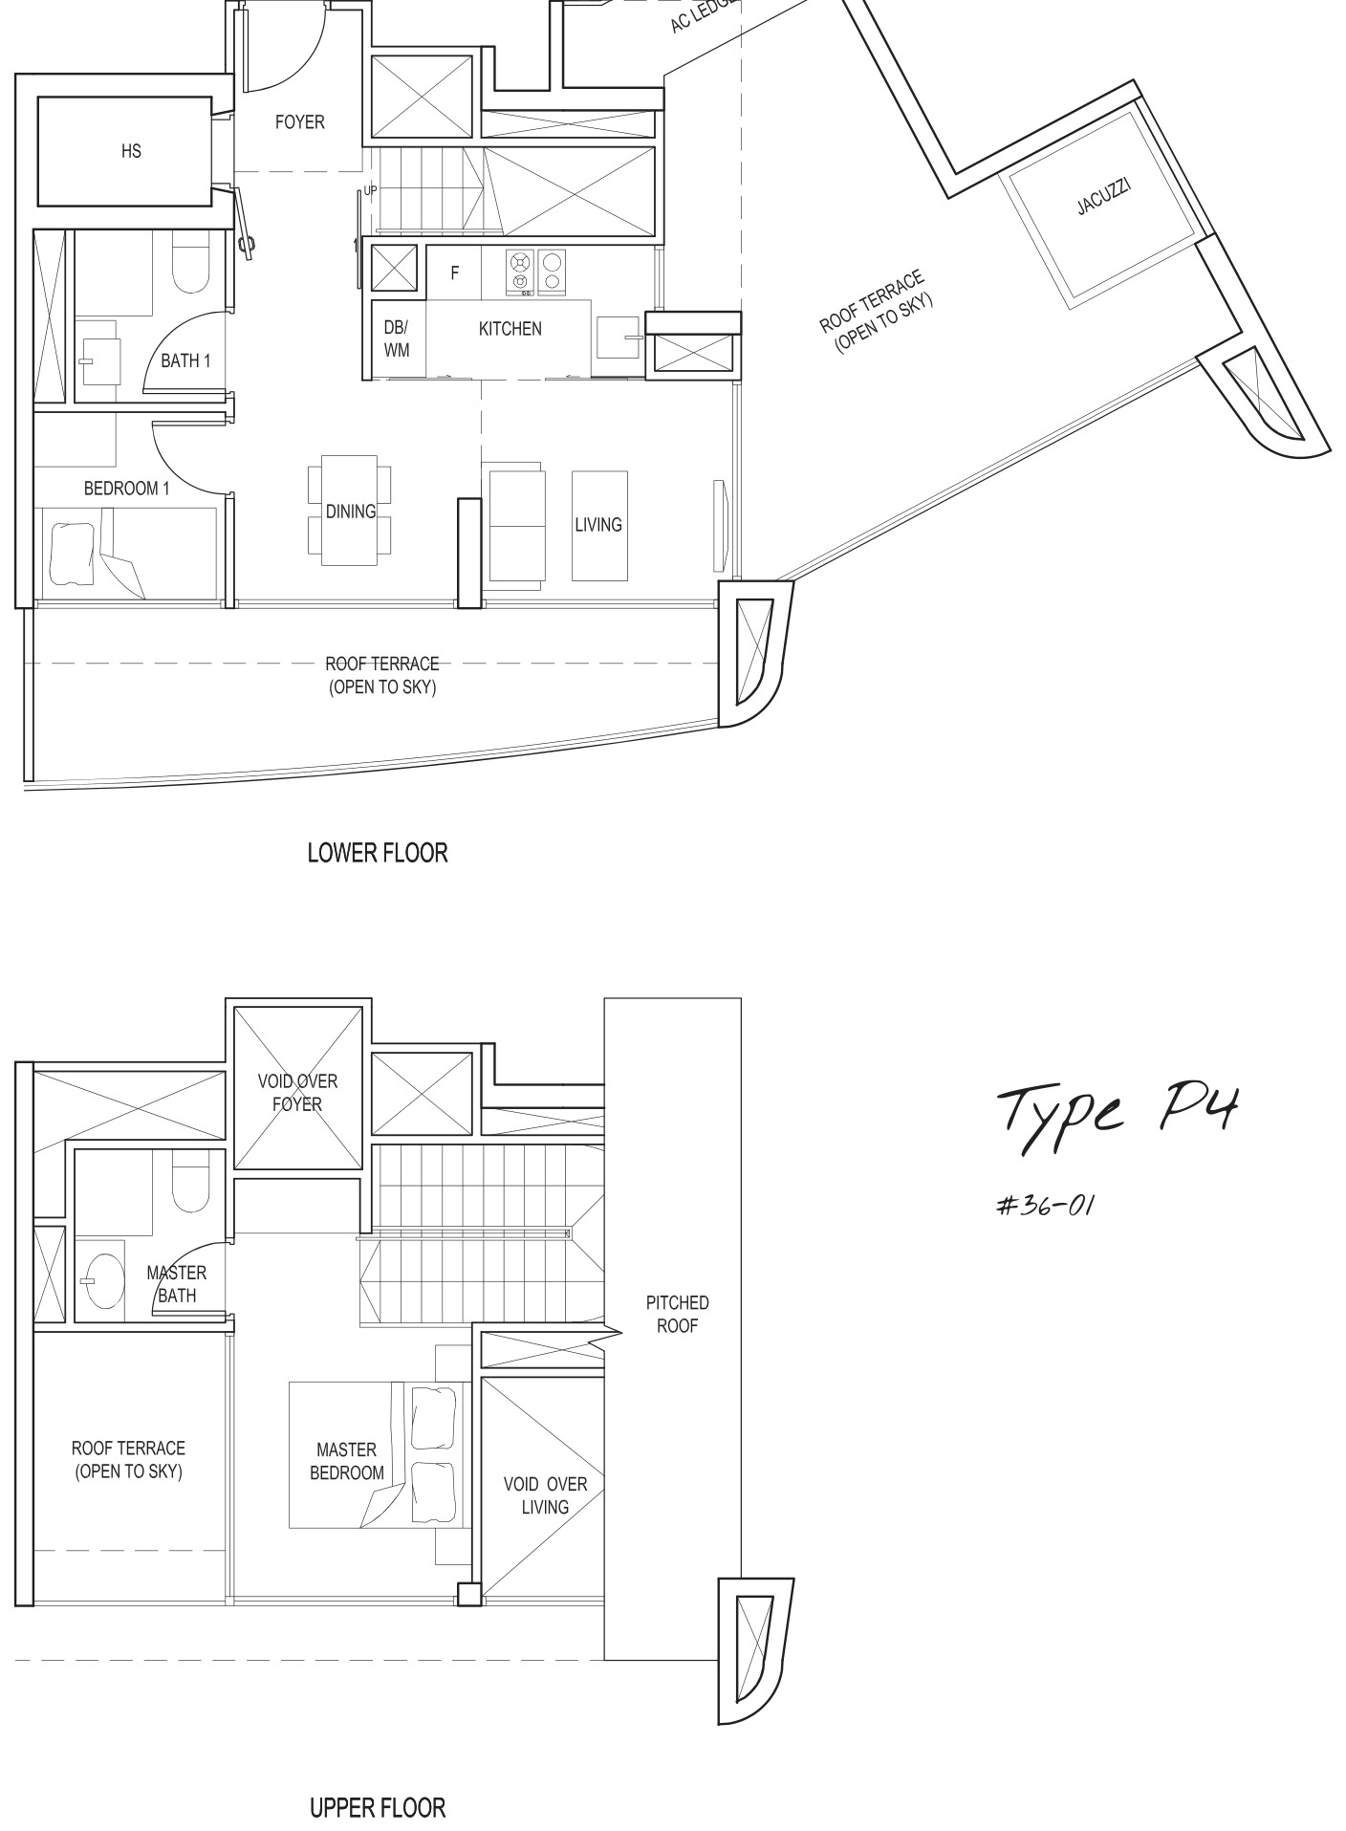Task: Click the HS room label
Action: coord(131,151)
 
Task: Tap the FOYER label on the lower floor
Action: coord(299,122)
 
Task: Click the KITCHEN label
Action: coord(510,329)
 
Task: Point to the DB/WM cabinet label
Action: coord(397,338)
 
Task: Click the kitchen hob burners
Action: coord(535,271)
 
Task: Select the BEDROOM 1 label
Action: coord(126,489)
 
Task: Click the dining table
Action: coord(350,511)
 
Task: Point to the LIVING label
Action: coord(598,525)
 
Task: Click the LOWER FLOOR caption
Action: coord(378,853)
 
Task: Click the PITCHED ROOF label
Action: coord(677,1315)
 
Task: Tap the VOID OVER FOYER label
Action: coord(297,1093)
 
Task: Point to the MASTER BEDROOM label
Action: coord(347,1462)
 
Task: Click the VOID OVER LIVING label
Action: coord(545,1495)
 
